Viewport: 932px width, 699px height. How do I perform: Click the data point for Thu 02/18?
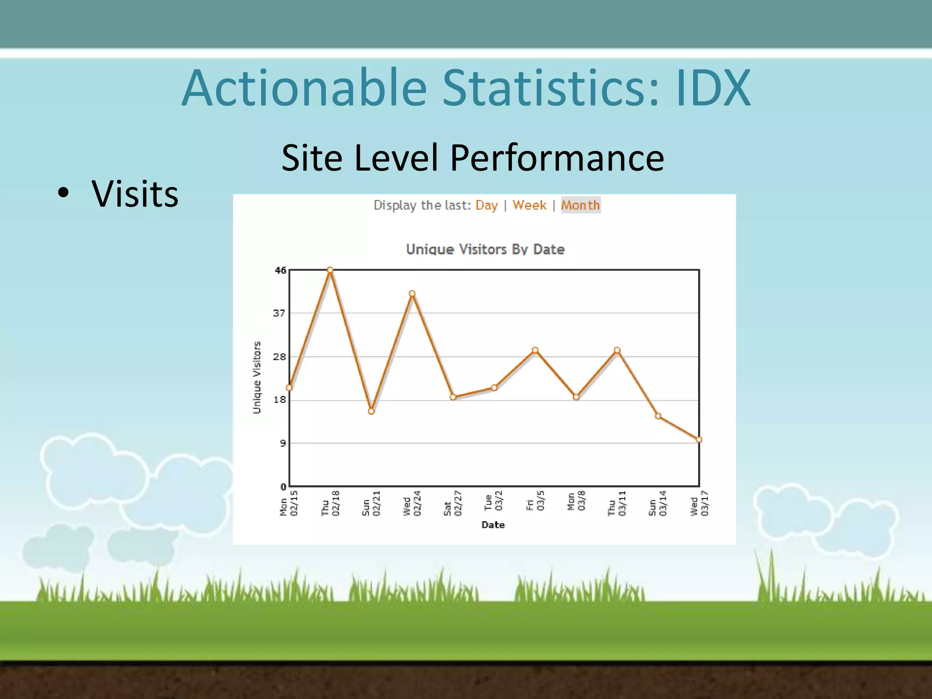tap(330, 270)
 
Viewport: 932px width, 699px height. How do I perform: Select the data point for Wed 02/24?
tap(412, 294)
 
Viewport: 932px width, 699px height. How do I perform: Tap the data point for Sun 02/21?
tap(371, 411)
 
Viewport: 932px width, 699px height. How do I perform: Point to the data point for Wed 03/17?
tap(699, 440)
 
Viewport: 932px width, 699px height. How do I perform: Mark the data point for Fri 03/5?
tap(535, 350)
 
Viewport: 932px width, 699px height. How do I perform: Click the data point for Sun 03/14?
tap(658, 416)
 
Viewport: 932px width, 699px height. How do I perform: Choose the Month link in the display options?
tap(580, 205)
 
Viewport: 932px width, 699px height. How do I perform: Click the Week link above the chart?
tap(529, 205)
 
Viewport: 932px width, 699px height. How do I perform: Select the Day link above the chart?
tap(486, 205)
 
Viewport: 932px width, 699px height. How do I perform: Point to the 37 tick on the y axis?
tap(279, 313)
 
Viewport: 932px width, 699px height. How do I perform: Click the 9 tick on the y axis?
tap(283, 443)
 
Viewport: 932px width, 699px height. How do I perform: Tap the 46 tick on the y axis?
tap(280, 270)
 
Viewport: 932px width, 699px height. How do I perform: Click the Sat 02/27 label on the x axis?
tap(453, 503)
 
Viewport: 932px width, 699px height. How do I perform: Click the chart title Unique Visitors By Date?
tap(485, 249)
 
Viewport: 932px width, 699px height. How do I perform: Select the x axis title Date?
tap(493, 525)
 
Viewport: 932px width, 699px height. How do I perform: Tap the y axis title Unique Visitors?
tap(257, 378)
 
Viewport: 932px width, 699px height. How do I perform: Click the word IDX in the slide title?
tap(713, 88)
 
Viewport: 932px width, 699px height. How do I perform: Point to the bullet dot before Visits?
tap(64, 194)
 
